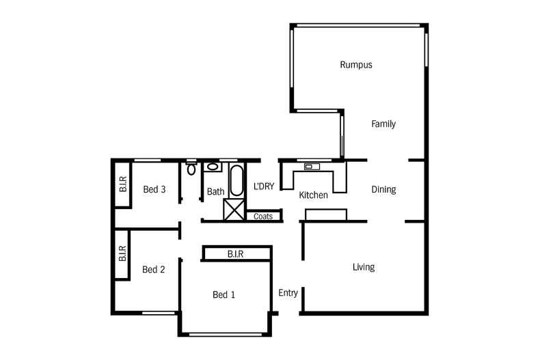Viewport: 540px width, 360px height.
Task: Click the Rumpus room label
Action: (355, 66)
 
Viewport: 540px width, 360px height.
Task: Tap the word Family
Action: (383, 124)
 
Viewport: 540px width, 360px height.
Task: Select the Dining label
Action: (383, 190)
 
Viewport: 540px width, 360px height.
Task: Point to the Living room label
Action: (363, 267)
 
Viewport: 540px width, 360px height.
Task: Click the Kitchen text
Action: (314, 195)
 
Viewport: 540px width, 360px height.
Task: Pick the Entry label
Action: (288, 293)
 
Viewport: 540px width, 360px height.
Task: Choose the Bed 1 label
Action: (224, 295)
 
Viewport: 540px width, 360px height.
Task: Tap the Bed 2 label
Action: (154, 270)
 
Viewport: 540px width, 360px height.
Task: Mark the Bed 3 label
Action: (154, 190)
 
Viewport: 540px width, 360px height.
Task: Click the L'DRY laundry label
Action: (264, 186)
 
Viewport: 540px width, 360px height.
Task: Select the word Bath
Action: (215, 192)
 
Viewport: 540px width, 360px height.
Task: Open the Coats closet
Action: (263, 217)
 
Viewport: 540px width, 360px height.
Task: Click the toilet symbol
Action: (191, 168)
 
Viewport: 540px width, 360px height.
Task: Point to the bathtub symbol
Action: (236, 181)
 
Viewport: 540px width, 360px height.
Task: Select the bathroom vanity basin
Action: (213, 166)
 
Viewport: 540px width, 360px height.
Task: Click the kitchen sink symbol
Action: (312, 166)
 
